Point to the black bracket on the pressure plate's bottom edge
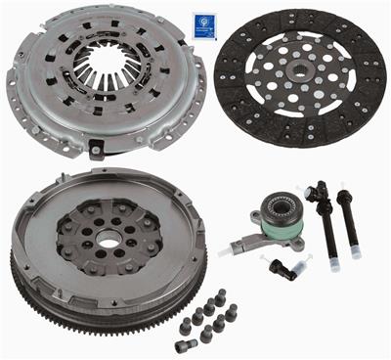tap(96, 150)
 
